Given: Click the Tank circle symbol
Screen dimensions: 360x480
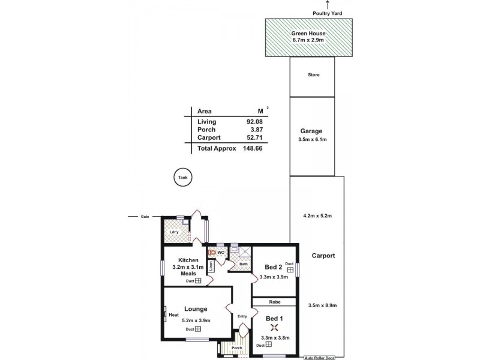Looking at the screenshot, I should [182, 178].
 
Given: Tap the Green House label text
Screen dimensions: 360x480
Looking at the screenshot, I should [308, 34].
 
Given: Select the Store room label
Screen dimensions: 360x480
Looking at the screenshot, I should [313, 75].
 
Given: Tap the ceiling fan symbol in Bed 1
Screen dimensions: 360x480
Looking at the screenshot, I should [275, 328].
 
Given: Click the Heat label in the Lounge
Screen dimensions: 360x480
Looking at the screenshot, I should [174, 314].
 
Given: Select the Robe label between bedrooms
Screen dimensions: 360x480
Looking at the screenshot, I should [274, 302].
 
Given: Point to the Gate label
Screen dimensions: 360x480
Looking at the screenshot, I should [145, 217].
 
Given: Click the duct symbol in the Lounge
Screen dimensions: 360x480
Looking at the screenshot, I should [197, 329].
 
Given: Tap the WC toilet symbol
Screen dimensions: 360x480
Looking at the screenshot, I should [212, 253].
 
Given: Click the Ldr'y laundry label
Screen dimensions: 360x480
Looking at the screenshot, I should [174, 232].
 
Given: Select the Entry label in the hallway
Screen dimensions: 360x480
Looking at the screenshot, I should [242, 316].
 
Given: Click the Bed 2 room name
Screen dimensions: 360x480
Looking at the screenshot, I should [273, 267].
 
